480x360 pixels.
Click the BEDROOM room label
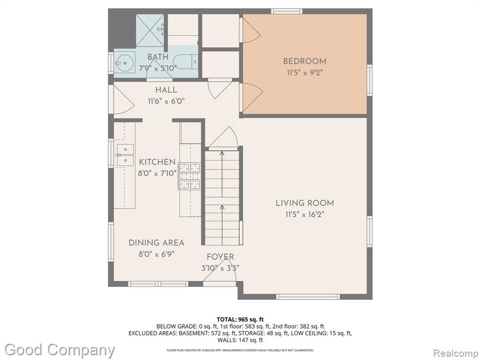tap(305, 61)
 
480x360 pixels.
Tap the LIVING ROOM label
tap(305, 203)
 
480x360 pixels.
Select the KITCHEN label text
tap(157, 162)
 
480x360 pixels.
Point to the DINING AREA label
tap(157, 243)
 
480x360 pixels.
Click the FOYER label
tap(220, 257)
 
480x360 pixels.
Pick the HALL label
tap(166, 90)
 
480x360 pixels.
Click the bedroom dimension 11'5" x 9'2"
tap(305, 73)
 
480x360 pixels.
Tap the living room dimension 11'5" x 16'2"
tap(305, 214)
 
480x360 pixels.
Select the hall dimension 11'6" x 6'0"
tap(166, 101)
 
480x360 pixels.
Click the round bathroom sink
tap(125, 62)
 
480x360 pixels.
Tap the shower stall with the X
tap(150, 30)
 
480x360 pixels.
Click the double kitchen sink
tap(125, 155)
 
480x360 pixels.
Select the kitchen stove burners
tap(189, 177)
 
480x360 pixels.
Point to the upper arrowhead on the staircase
tap(222, 153)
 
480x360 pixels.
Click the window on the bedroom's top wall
tap(287, 11)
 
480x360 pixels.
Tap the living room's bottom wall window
tap(308, 297)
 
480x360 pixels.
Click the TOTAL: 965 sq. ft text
tap(240, 320)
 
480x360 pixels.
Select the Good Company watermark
tap(60, 350)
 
